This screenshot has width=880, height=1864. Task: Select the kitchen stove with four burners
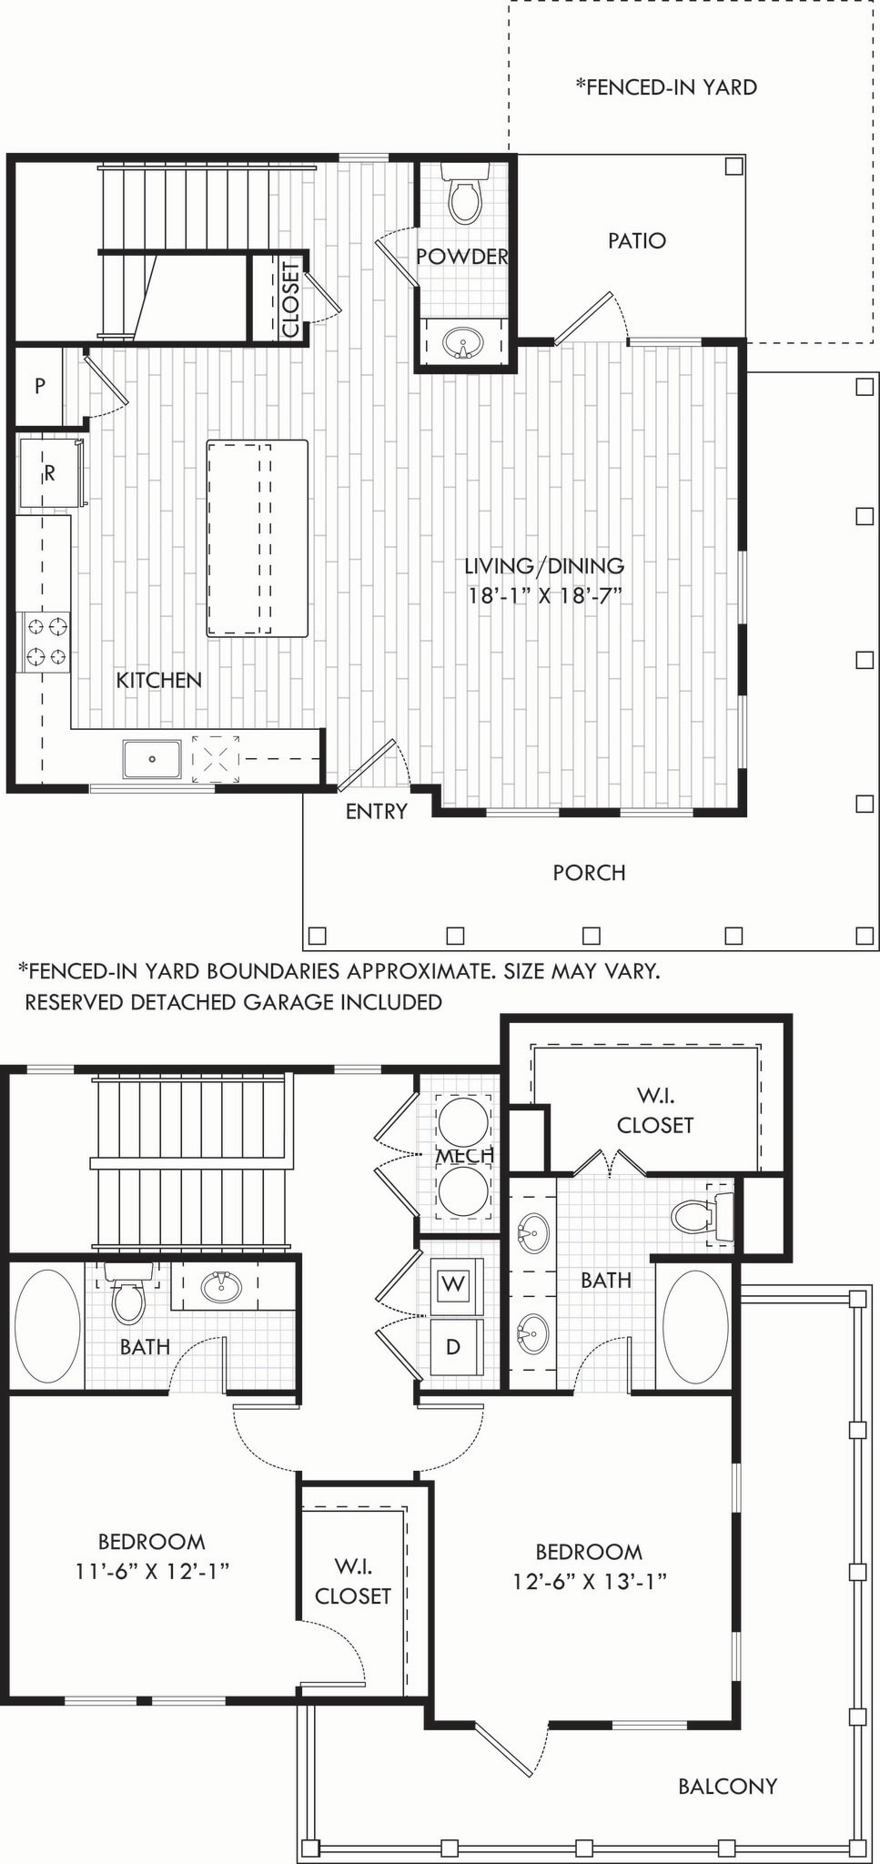[x=46, y=642]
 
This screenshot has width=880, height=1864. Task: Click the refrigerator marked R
[x=50, y=473]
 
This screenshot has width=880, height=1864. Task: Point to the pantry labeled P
[x=39, y=386]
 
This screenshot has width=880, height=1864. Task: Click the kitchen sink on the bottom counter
[x=152, y=758]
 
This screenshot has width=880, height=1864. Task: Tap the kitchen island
[x=257, y=538]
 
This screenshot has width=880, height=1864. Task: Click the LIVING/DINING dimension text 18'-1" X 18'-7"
[x=544, y=596]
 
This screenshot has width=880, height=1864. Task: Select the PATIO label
[x=637, y=241]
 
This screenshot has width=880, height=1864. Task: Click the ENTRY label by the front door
[x=376, y=811]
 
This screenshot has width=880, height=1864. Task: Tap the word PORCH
[x=589, y=873]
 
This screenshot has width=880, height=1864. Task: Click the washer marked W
[x=452, y=1285]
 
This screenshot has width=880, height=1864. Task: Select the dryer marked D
[x=452, y=1346]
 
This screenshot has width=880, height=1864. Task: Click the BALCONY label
[x=727, y=1787]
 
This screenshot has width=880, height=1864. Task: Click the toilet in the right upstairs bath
[x=701, y=1217]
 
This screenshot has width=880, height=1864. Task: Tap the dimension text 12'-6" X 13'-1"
[x=589, y=1581]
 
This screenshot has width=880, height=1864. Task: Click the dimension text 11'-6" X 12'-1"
[x=152, y=1571]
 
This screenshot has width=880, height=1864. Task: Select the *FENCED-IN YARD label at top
[x=666, y=87]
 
